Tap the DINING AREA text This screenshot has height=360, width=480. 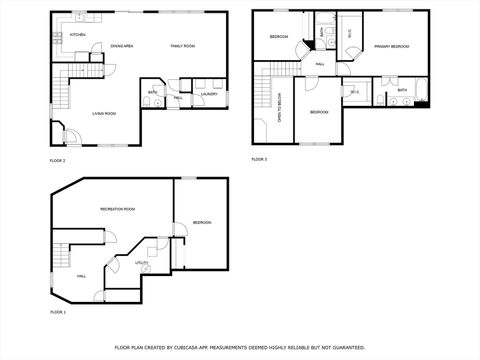pos(122,46)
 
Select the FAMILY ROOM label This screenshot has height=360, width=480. pos(181,46)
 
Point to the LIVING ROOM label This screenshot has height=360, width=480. pos(107,114)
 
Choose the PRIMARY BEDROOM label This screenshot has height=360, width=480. pos(391,46)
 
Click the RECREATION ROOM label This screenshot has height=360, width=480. pos(117,208)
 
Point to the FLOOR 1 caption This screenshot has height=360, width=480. pos(57,313)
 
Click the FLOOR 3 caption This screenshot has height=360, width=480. pos(259,159)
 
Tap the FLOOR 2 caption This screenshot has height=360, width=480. pos(57,160)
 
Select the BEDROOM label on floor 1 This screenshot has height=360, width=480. pos(202,222)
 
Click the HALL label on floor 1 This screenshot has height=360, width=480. pos(81,276)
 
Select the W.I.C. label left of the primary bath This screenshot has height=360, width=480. pos(355,92)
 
